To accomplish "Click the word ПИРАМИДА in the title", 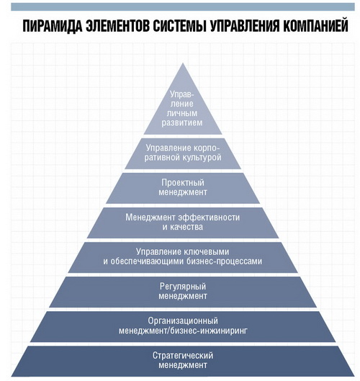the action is [x=53, y=25].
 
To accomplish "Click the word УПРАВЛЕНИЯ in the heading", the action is [x=245, y=25].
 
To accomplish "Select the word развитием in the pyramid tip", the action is [x=182, y=122].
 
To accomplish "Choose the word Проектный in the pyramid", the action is [x=183, y=183].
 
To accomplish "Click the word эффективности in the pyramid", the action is [x=209, y=218].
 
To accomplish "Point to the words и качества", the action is [x=183, y=227].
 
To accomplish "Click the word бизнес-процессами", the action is [x=224, y=261].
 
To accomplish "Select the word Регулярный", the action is [x=183, y=287].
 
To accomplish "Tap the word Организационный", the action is [x=183, y=321].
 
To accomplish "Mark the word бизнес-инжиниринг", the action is [x=208, y=331].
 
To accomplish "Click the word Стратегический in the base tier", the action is [x=183, y=356].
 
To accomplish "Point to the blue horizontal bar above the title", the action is [x=183, y=6].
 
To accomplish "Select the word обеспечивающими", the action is [x=147, y=261].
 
